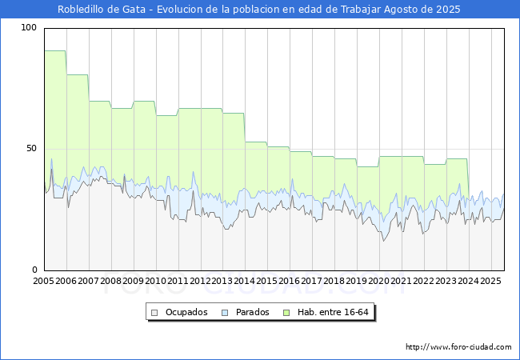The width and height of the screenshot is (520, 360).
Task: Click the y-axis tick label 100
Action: point(29,28)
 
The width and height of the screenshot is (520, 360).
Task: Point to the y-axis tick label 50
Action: point(31,149)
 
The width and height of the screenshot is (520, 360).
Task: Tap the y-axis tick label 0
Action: point(34,270)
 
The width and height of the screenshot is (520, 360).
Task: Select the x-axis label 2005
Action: point(43,281)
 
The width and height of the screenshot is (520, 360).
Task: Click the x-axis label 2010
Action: point(155,281)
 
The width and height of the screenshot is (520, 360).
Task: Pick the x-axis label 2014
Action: point(245,281)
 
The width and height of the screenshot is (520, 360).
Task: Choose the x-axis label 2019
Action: point(357,281)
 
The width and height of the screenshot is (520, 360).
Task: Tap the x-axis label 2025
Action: point(490,281)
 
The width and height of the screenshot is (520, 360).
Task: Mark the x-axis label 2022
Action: point(423,281)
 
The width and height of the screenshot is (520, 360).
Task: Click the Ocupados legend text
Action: point(186,312)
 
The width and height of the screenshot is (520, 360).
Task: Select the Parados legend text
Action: point(252,312)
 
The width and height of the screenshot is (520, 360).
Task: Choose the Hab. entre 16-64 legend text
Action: point(333,312)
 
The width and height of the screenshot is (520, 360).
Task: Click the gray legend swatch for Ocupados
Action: point(154,313)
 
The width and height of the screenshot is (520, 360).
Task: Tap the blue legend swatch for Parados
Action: point(225,313)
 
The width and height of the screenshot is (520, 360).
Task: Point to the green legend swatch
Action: point(286,313)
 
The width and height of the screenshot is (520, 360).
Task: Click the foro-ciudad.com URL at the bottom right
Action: point(458,347)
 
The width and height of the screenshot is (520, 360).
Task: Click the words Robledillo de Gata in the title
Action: point(102,10)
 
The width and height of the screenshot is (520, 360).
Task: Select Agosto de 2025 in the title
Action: point(422,10)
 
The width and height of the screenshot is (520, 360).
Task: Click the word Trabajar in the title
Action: point(361,10)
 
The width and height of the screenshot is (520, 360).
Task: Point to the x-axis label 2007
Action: point(88,281)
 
